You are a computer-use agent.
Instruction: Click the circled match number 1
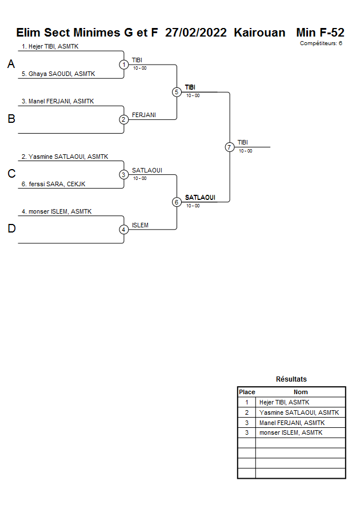click(x=124, y=65)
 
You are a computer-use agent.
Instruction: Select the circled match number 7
click(x=229, y=147)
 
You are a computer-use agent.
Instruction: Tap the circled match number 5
click(x=177, y=92)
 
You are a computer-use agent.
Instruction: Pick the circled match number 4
click(x=124, y=230)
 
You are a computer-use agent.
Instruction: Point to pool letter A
click(x=11, y=65)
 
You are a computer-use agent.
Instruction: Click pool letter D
click(x=11, y=229)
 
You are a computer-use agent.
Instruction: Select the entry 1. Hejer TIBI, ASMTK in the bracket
click(x=50, y=46)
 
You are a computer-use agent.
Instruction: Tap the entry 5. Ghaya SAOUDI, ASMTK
click(x=58, y=74)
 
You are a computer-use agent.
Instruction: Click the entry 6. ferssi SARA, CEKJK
click(x=54, y=184)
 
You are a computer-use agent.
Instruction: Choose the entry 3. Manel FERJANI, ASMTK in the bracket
click(x=58, y=101)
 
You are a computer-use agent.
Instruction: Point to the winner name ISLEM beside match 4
click(x=140, y=225)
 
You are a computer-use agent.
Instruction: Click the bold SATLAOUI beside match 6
click(x=200, y=198)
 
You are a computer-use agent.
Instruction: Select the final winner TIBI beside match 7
click(x=243, y=142)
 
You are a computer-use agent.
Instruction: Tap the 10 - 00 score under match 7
click(x=246, y=151)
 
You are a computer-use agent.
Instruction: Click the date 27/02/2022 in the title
click(x=197, y=33)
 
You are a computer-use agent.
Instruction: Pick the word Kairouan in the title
click(x=259, y=33)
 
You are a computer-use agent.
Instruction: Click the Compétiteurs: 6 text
click(x=321, y=43)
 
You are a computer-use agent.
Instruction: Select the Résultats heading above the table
click(x=291, y=379)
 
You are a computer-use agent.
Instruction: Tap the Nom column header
click(x=301, y=392)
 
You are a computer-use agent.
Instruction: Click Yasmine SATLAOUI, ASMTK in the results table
click(x=299, y=412)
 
